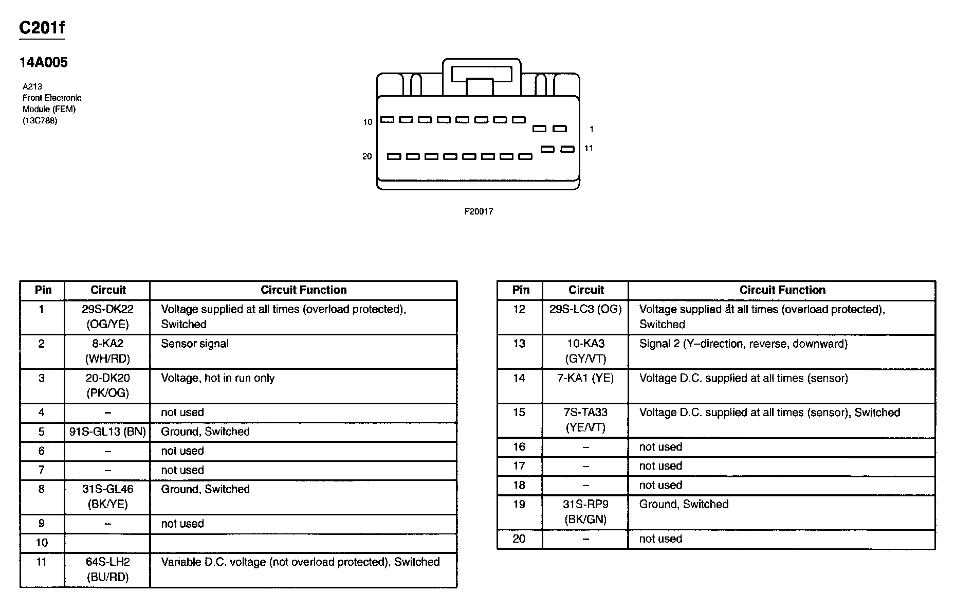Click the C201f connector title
42,28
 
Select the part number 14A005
44,63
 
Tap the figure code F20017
479,211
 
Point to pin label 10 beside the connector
368,122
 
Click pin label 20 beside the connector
367,156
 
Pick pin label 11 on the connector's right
589,149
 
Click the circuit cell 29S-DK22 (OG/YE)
107,317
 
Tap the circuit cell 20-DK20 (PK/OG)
107,386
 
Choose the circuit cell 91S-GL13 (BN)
107,432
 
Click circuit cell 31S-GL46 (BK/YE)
107,497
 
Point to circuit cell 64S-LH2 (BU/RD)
107,569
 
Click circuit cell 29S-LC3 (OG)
585,310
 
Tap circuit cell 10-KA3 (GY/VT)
585,351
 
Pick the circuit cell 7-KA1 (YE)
585,379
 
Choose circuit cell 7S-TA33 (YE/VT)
585,420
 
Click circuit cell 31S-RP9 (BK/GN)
585,512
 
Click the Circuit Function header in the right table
782,290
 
